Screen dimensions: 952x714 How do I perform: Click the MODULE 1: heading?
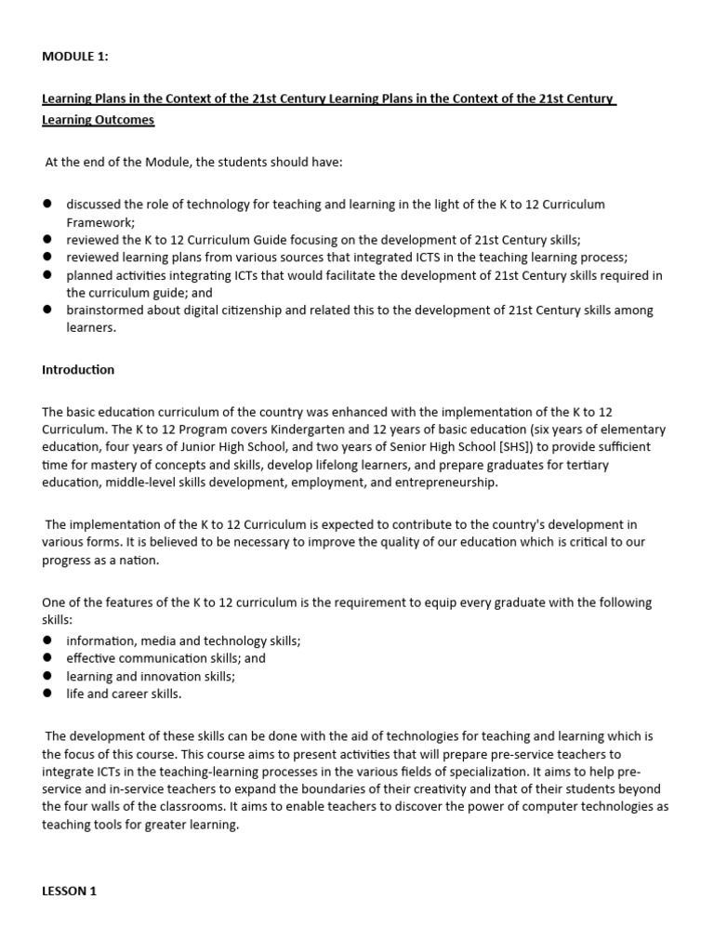click(75, 57)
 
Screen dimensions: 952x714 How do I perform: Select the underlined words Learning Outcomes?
click(99, 120)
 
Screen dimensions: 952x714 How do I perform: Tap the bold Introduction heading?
click(78, 369)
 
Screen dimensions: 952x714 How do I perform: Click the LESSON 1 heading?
click(70, 891)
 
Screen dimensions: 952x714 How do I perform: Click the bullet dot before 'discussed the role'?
click(48, 204)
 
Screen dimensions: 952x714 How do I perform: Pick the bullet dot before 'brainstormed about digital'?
click(48, 311)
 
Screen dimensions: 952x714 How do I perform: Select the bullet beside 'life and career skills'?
click(48, 694)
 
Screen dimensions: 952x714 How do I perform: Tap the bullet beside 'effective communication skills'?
click(48, 658)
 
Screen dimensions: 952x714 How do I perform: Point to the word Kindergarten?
click(307, 429)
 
